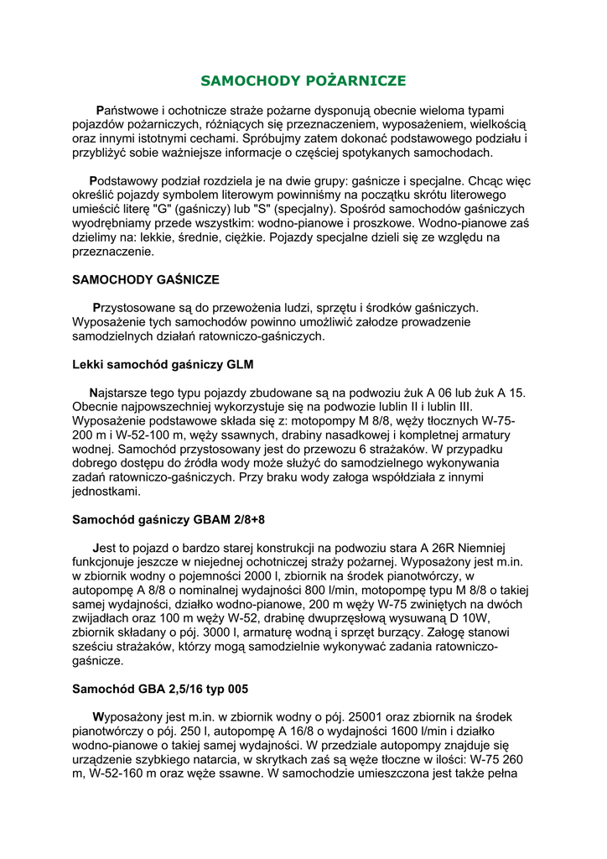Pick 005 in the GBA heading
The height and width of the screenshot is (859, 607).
(x=234, y=690)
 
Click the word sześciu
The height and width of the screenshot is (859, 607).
(x=96, y=647)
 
